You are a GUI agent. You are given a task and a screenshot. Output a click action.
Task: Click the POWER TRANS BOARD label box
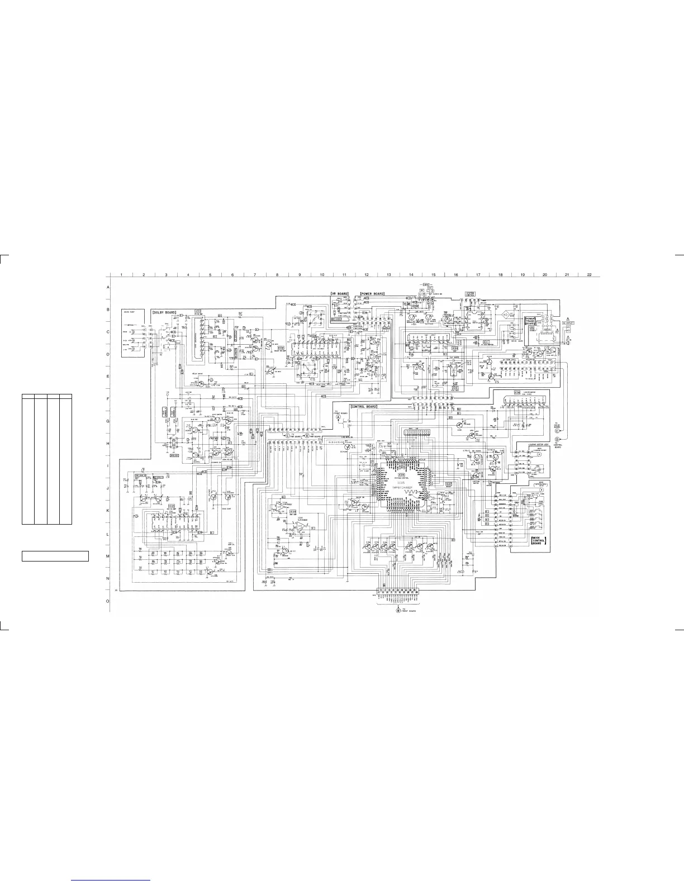point(530,321)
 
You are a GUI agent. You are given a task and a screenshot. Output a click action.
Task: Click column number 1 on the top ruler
point(121,274)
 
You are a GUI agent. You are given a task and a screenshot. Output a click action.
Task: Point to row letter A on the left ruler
point(108,287)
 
